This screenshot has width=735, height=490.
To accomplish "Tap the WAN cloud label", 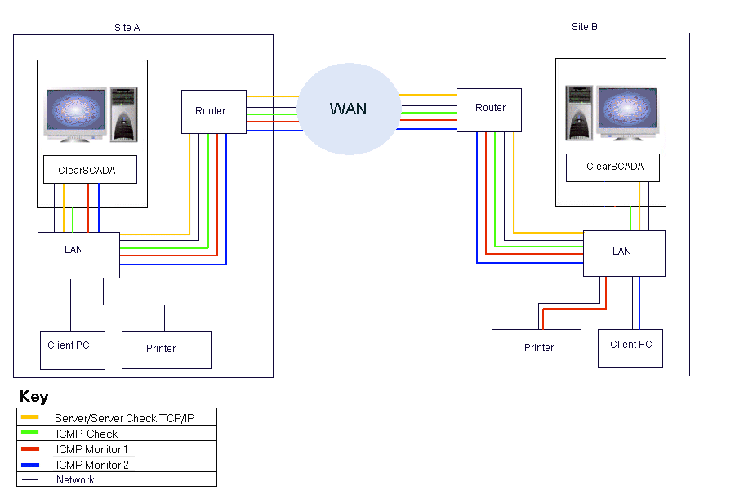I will click(348, 109).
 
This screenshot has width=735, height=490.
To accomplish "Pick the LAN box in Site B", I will click(623, 253).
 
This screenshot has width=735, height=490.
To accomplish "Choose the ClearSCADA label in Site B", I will click(614, 167).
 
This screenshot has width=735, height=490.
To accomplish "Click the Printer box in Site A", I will click(166, 350).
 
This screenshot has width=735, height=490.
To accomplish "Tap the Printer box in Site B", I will click(536, 348).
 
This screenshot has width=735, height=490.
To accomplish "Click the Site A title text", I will click(127, 28).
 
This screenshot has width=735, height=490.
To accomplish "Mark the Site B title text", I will click(585, 27).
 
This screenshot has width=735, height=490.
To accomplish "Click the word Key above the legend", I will click(33, 397).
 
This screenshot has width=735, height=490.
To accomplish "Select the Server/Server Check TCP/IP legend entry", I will click(124, 418).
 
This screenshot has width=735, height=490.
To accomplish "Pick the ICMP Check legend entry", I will click(86, 434).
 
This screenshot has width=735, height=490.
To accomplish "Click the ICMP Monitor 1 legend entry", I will click(91, 449).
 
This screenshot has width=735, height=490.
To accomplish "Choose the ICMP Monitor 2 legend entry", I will click(91, 465).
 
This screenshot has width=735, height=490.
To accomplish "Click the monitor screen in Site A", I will click(76, 110).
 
